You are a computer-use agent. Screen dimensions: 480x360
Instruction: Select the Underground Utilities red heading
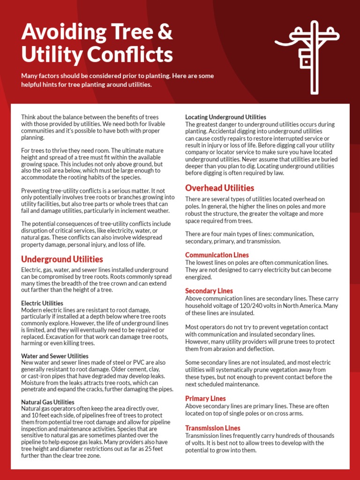(62, 259)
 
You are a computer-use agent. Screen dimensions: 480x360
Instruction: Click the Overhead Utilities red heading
(219, 188)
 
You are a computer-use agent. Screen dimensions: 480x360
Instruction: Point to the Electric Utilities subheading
(42, 303)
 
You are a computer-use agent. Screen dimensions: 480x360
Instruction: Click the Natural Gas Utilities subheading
(48, 402)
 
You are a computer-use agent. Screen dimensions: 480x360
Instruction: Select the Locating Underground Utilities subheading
(225, 117)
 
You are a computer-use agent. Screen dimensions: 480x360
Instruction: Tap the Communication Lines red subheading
(217, 255)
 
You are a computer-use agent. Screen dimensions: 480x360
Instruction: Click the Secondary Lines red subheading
(209, 291)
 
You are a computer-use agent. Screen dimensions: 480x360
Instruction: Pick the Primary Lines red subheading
(205, 398)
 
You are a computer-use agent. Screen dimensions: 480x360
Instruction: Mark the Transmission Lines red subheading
(212, 428)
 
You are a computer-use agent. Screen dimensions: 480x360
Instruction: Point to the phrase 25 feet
(157, 449)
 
